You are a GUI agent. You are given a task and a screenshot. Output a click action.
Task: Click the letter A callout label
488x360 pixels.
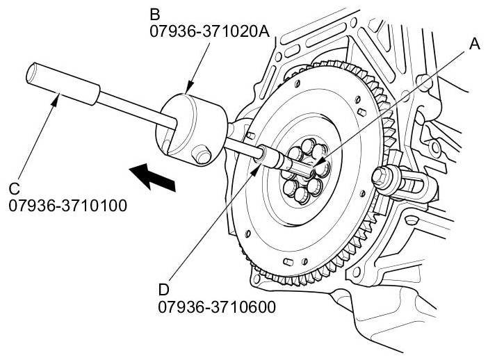point(475,44)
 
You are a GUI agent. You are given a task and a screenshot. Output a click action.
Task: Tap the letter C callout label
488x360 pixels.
point(15,189)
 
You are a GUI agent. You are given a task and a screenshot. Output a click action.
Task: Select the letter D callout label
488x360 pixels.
point(165,288)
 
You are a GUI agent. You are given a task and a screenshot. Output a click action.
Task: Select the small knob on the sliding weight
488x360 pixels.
point(203,153)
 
